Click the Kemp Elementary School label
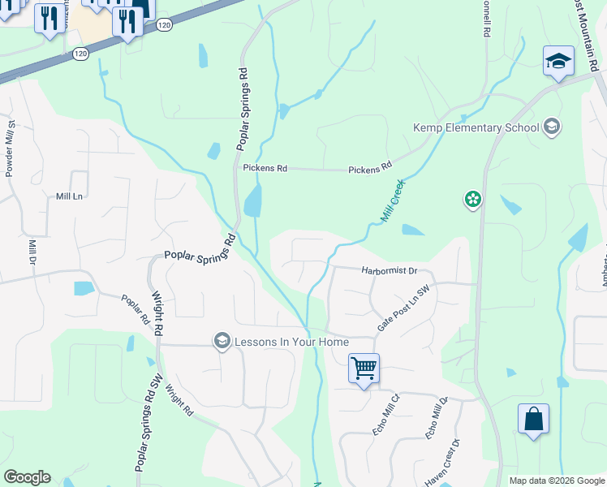476,127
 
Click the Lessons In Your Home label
291,341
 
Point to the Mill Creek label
392,202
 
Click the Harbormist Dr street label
389,270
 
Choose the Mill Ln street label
69,196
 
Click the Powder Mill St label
11,149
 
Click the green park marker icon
472,199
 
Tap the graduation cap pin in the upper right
558,61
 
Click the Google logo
27,477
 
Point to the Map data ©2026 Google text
557,481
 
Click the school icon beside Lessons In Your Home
221,341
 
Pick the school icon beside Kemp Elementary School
552,126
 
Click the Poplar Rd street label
136,308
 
